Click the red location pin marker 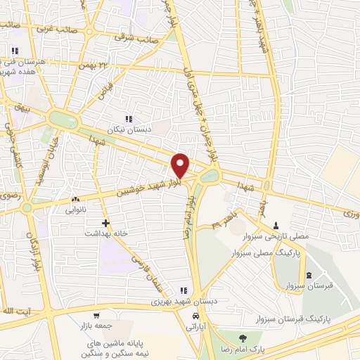coord(180,165)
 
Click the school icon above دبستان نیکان coord(128,120)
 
